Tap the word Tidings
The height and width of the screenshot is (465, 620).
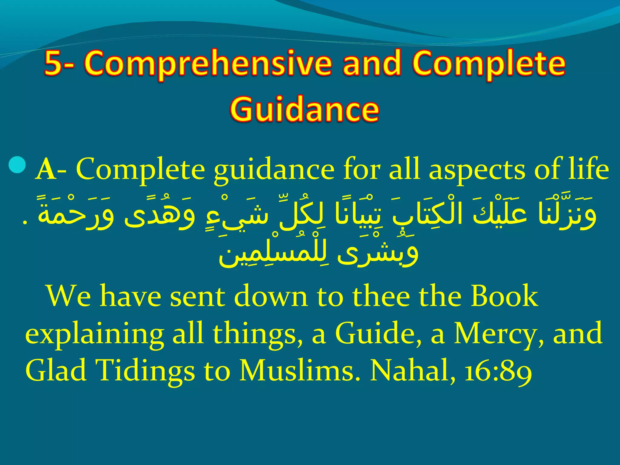point(145,371)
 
